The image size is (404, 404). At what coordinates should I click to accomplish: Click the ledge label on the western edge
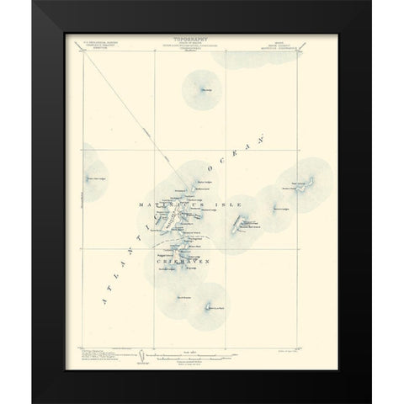point(101,178)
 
